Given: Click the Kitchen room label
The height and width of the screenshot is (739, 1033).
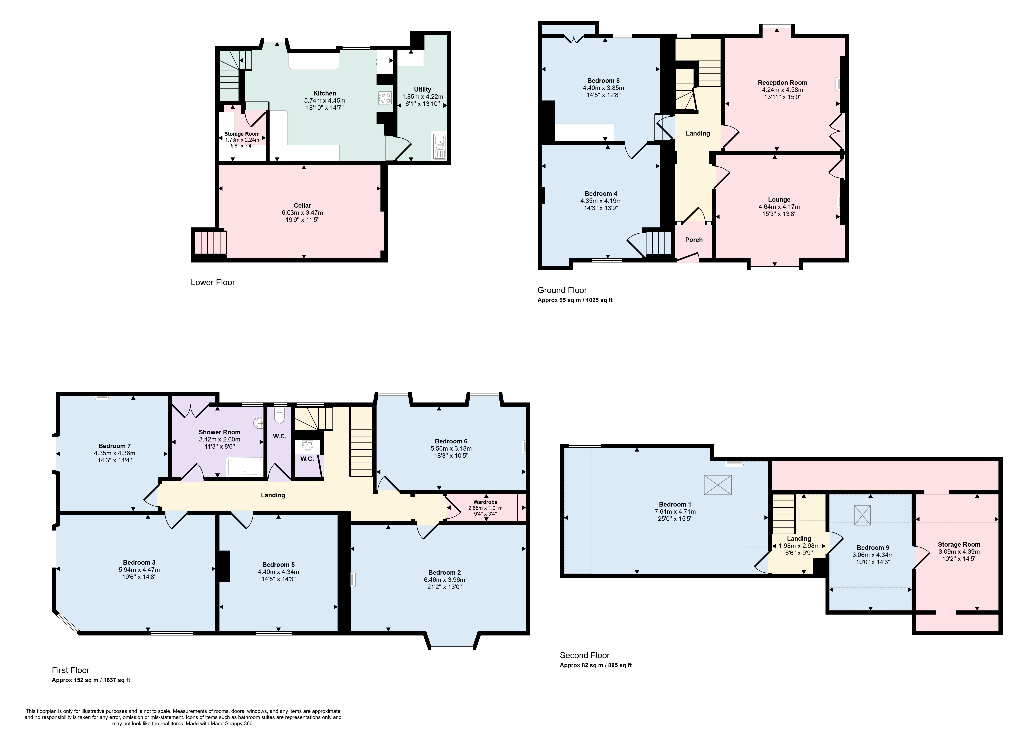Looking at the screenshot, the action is coord(325,93).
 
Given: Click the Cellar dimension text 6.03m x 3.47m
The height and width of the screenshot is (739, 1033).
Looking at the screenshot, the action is coord(302,212).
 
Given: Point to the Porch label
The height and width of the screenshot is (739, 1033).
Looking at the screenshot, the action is coord(694,240).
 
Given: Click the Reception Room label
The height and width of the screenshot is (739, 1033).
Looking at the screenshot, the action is coord(782,82).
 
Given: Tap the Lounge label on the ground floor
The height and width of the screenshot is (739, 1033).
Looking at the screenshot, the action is coord(779,199).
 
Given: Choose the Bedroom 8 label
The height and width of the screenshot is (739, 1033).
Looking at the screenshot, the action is coord(603,80).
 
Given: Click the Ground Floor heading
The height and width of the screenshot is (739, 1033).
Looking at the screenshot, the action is coord(562,290).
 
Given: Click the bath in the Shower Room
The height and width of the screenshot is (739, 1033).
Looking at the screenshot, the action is coord(245,467).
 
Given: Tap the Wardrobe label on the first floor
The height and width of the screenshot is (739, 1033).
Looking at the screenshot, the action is coord(485,502).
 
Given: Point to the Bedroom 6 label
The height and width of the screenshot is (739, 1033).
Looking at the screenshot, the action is coord(451,441).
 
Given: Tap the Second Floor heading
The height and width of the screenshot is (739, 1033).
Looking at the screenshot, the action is coord(585,655).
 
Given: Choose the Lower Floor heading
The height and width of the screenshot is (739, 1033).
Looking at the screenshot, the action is coord(213,282).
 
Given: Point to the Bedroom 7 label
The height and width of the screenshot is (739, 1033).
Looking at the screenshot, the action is coord(115,446).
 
